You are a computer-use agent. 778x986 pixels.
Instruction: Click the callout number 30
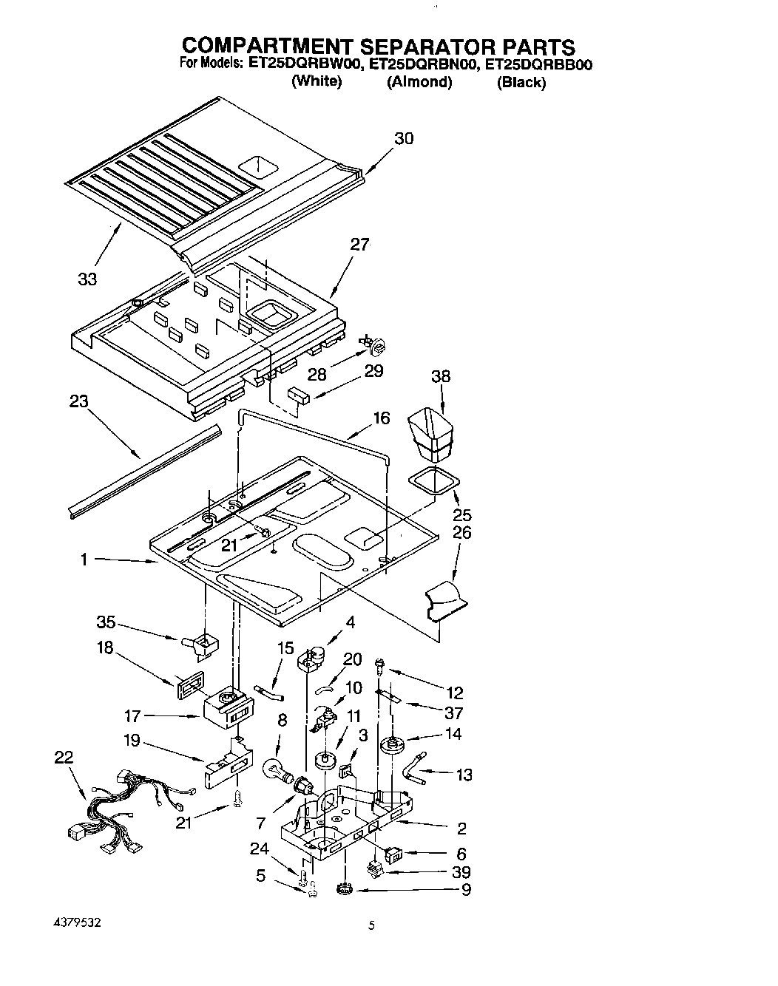point(404,138)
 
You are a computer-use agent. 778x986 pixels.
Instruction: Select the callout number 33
point(87,279)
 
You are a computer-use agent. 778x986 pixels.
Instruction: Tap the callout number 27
point(359,245)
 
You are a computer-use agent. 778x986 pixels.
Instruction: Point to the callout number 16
point(381,418)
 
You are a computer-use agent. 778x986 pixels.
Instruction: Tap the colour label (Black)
point(521,82)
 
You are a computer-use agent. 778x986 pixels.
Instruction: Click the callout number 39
point(461,872)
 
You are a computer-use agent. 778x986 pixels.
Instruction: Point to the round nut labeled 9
point(343,888)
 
